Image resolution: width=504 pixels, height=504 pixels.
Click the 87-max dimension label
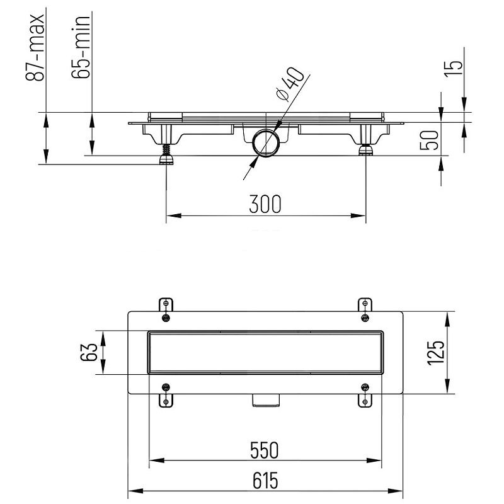[x=35, y=47]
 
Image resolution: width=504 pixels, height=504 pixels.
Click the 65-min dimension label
[x=81, y=47]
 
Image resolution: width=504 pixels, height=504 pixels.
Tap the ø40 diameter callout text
[x=289, y=84]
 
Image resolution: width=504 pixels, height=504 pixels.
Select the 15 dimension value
[x=454, y=69]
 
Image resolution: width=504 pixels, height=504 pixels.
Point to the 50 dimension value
[x=430, y=140]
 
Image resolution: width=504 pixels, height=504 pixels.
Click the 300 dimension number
[x=265, y=204]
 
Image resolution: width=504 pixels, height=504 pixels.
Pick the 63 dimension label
[x=88, y=352]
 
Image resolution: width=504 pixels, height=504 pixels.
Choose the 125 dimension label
[x=436, y=353]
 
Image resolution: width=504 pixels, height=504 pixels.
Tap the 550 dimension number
[x=264, y=450]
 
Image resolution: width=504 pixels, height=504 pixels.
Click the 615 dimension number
[x=265, y=481]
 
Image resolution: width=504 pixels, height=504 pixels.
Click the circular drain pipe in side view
[x=266, y=143]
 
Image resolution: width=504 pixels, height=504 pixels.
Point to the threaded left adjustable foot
[x=166, y=154]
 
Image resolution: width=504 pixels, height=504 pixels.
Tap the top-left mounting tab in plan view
[x=166, y=309]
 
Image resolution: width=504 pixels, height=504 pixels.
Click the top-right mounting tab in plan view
[x=365, y=309]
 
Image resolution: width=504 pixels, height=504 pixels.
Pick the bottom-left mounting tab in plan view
[x=166, y=395]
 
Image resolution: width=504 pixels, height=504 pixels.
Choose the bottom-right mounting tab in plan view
[x=365, y=395]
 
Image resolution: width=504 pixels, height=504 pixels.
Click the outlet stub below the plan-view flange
[x=266, y=401]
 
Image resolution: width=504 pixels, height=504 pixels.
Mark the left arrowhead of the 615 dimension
[x=135, y=491]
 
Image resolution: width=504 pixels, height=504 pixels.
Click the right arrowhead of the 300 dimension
[x=358, y=215]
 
